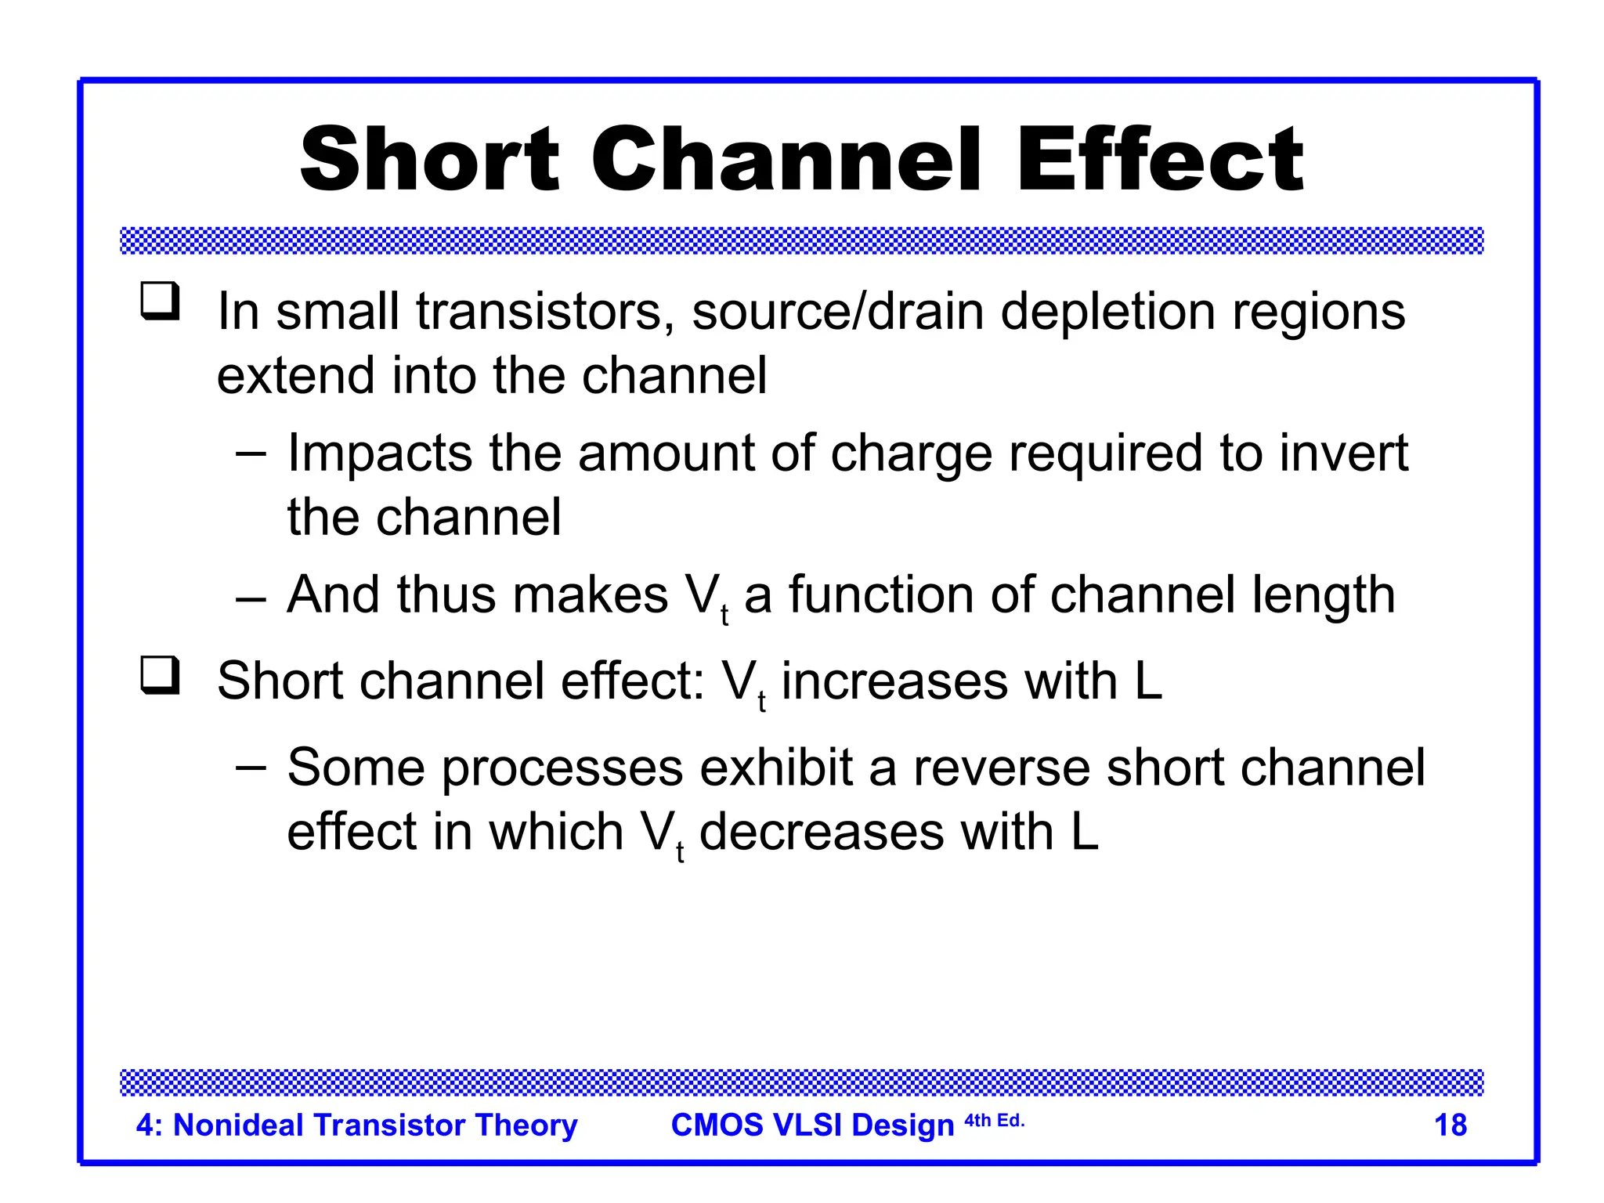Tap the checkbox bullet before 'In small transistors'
pos(160,302)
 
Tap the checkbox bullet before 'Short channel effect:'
pos(160,675)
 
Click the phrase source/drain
pos(837,312)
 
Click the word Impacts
pos(380,453)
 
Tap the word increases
pos(894,681)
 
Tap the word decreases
pos(821,832)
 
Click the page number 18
pos(1450,1125)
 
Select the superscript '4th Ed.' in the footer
pos(994,1120)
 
